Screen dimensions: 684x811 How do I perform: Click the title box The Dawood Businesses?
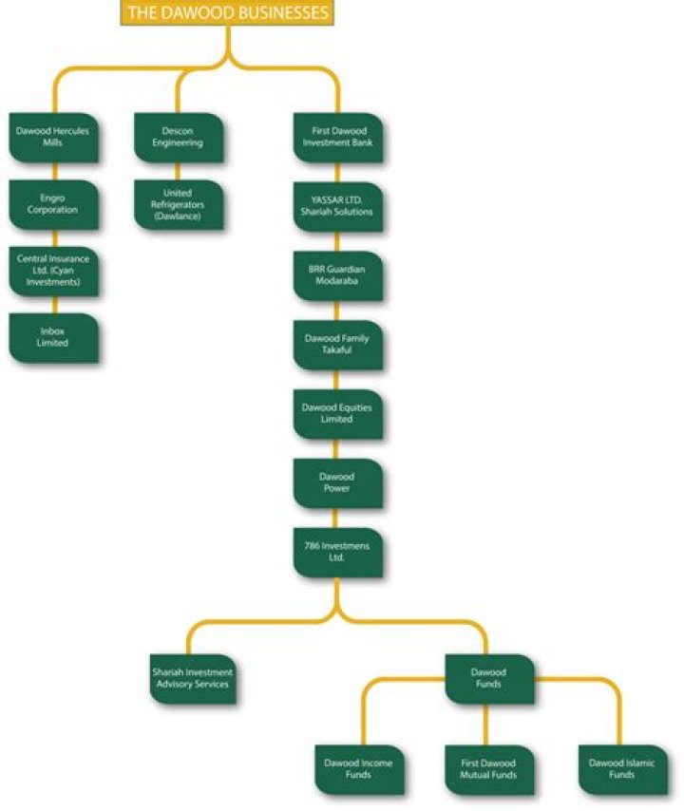tap(227, 12)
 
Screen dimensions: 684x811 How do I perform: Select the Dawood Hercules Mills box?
tap(53, 138)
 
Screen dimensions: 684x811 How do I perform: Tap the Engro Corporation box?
tap(53, 204)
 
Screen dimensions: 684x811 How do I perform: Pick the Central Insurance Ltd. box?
tap(53, 271)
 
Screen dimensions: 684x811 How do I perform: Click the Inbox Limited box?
tap(53, 337)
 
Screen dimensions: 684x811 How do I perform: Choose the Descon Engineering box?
tap(179, 138)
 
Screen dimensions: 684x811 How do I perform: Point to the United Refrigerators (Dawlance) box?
tap(179, 204)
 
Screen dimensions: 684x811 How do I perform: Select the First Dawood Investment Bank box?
tap(338, 138)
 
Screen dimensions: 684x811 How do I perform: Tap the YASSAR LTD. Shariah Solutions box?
tap(338, 206)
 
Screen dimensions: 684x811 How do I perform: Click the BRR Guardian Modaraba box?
tap(338, 275)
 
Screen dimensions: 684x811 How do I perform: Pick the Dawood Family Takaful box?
tap(338, 345)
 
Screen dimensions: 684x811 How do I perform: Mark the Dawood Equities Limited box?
tap(338, 414)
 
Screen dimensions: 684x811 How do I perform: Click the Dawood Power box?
tap(338, 483)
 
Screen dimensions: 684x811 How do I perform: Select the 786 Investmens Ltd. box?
tap(338, 553)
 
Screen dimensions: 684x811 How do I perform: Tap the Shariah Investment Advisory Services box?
tap(193, 679)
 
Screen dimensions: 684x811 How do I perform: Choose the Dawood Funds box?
tap(489, 679)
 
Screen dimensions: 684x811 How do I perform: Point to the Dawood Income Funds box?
tap(360, 769)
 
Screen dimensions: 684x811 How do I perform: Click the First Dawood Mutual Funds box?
tap(489, 769)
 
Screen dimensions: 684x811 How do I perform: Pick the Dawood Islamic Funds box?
tap(623, 769)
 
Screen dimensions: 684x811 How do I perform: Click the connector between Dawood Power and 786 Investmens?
tap(335, 519)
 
